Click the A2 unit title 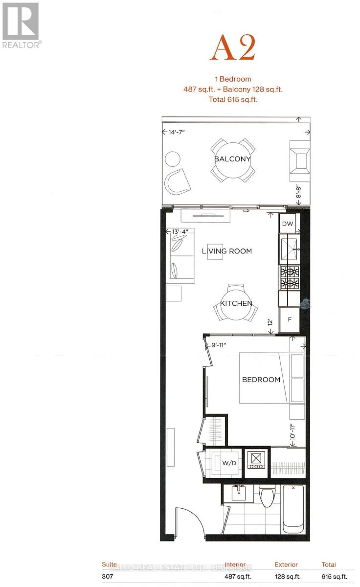click(233, 49)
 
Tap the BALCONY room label click(232, 159)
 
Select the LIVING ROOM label click(227, 251)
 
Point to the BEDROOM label click(261, 380)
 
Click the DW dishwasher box click(288, 224)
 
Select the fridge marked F click(289, 320)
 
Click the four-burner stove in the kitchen click(289, 277)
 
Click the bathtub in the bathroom click(293, 509)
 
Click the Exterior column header click(286, 564)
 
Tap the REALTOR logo click(21, 24)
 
